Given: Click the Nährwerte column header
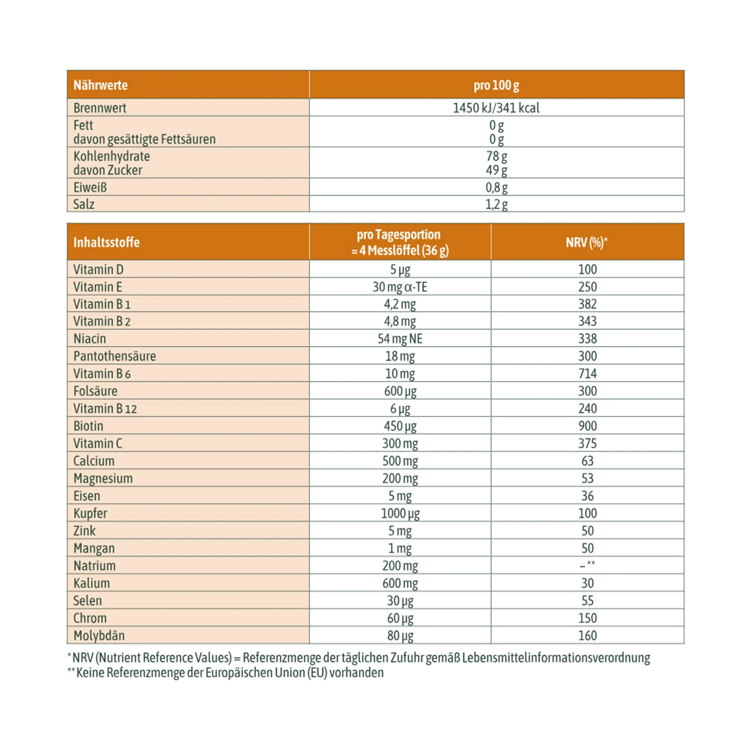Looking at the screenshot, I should pos(100,85).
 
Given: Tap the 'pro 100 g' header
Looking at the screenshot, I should pos(496,85).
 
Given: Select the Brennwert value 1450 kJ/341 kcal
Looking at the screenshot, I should pos(496,107).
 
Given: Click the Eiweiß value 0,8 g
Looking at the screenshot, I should pos(496,188).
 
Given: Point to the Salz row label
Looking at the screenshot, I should pos(84,204).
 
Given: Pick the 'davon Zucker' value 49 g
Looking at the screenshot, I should pos(496,170).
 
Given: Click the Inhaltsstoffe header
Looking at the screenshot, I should pos(106,242).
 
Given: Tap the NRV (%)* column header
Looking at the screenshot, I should pos(586,242).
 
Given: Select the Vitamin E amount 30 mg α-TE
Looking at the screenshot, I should pos(400,287).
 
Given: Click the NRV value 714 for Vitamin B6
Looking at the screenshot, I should pos(587,374).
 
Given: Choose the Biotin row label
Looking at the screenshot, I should pos(89,426).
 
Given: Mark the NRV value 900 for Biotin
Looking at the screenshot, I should pos(587,426).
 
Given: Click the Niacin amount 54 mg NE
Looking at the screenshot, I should pos(400,338).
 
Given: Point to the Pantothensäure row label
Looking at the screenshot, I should pos(114,356).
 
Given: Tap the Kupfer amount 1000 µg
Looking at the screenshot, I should pos(400,513).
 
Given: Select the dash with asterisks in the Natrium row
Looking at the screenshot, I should pos(587,565).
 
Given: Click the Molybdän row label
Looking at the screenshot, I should pos(99,636).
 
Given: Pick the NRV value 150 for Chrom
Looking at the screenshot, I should pos(587,618).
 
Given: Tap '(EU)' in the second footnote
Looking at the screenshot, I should pos(317,672).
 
